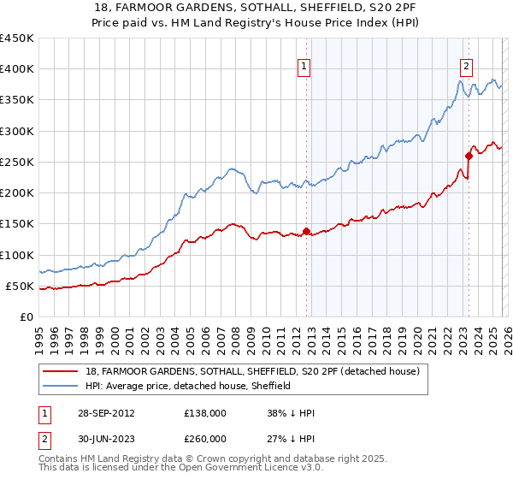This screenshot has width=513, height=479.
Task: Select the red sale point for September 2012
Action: tap(306, 231)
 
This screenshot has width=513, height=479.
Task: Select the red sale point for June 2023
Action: tap(469, 156)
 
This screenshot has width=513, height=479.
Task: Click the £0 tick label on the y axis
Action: tap(27, 316)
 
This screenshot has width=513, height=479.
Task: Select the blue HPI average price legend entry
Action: tap(188, 387)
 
